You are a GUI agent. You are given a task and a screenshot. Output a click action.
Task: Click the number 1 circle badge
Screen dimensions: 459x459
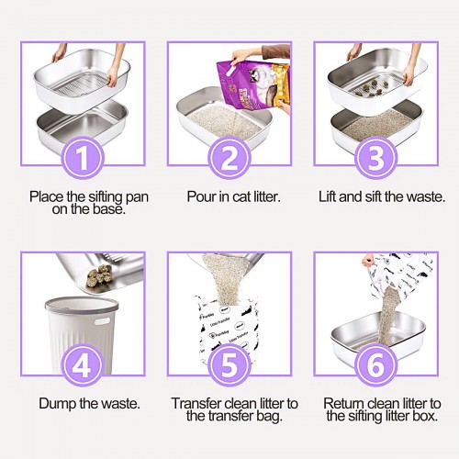[x=83, y=158]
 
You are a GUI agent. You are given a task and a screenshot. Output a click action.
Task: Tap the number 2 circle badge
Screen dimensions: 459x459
[x=229, y=158]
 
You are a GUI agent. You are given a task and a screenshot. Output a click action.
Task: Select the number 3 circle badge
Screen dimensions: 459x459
[x=376, y=158]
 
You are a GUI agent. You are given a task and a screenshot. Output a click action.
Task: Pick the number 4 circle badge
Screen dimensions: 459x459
[x=83, y=365]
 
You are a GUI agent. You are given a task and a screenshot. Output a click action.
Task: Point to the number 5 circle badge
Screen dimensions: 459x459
[x=229, y=365]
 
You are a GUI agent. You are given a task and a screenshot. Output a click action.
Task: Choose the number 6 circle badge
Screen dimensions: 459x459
[x=376, y=365]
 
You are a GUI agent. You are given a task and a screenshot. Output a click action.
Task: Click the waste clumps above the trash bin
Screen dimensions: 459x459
[x=98, y=277]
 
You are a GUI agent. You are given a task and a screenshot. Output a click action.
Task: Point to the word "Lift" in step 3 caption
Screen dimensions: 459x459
[x=328, y=196]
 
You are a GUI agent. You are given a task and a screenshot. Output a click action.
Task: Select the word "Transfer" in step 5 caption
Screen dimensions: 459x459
[x=196, y=404]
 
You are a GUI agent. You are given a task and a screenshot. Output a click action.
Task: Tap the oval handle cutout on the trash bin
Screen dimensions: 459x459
[x=103, y=321]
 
